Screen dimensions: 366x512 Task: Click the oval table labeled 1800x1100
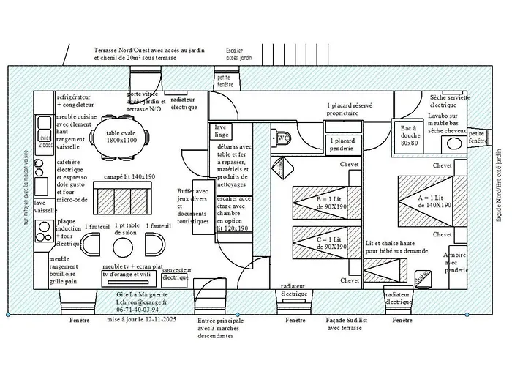[122, 137]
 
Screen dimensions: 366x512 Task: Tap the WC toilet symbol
[282, 137]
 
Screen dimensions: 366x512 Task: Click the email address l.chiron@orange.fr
[141, 302]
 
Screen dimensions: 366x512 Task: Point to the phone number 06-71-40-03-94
[141, 310]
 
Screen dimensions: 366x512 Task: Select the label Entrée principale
[220, 321]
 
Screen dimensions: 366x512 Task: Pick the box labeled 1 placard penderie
[343, 144]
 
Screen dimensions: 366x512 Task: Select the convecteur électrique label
[175, 274]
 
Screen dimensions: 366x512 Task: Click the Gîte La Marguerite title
[142, 293]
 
